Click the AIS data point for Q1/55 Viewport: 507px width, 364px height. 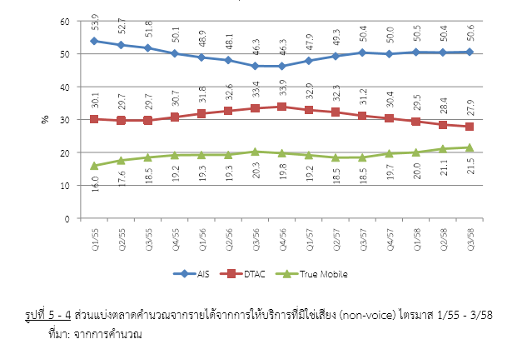[x=94, y=41]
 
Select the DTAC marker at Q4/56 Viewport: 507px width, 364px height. [x=281, y=107]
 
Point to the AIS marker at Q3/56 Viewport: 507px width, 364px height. [x=255, y=66]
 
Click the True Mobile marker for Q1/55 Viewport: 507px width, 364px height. [x=94, y=166]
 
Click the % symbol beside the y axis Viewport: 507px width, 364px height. [x=45, y=120]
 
